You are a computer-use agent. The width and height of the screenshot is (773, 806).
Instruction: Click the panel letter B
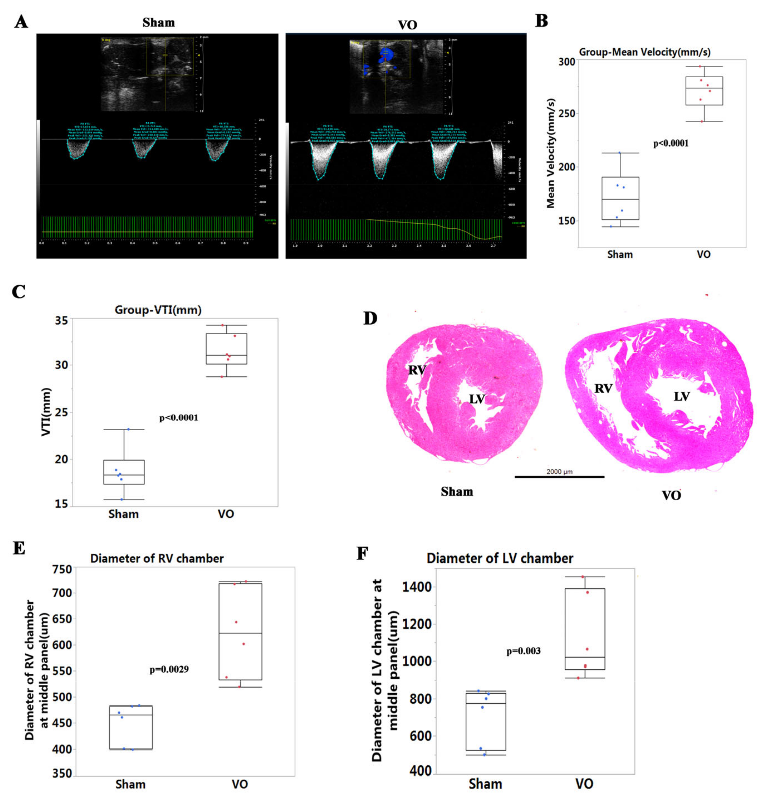coord(541,21)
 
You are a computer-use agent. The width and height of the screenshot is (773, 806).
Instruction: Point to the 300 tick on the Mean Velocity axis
coord(567,62)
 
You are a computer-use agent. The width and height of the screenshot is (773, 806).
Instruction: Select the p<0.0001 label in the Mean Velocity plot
coord(671,144)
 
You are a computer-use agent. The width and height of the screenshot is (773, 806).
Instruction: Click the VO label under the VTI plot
coord(225,514)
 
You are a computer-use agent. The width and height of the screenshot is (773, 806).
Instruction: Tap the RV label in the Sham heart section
coord(417,370)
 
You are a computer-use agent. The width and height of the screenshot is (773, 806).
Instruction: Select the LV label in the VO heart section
coord(681,396)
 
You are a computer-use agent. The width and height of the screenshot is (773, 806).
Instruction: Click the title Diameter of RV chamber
coord(157,558)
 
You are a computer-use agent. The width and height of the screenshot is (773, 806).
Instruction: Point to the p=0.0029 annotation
coord(169,669)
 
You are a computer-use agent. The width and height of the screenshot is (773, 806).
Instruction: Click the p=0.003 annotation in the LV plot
coord(523,651)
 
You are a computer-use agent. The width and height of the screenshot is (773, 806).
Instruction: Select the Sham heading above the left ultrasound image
coord(158,23)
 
